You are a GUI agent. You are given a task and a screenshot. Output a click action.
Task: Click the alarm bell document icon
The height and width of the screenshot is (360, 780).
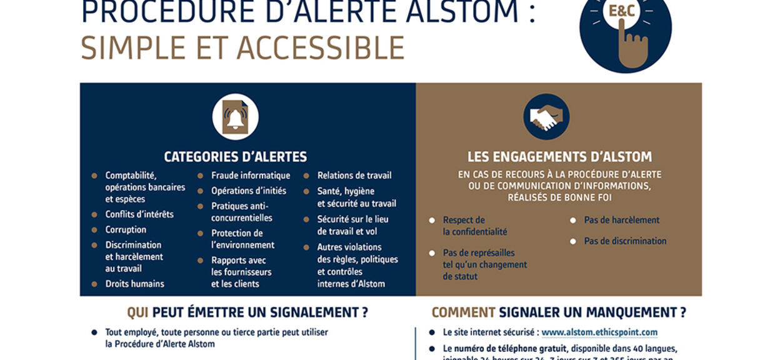235,116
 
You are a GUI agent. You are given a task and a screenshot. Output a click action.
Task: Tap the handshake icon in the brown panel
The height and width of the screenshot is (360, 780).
546,117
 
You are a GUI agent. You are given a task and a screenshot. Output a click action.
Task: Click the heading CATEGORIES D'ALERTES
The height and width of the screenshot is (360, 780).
235,157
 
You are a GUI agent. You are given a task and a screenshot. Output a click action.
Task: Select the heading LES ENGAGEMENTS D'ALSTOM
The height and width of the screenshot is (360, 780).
559,157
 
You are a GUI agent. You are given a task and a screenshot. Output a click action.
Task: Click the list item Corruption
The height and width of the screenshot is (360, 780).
126,230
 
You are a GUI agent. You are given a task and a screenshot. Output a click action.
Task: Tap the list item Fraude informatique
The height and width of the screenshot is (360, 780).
250,176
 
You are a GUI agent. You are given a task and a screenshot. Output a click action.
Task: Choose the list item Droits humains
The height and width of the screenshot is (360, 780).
134,284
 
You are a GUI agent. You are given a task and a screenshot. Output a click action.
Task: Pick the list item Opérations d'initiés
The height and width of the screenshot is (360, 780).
248,191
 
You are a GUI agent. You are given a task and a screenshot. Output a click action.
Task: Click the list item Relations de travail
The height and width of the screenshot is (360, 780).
354,176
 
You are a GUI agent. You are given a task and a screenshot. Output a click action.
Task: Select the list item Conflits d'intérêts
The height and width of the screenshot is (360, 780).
139,214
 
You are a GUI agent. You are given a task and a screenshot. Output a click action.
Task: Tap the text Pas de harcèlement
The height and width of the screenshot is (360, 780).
621,220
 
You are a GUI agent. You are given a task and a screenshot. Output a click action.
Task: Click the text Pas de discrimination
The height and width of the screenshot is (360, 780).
625,241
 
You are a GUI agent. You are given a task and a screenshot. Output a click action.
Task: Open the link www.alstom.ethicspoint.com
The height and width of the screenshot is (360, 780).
599,332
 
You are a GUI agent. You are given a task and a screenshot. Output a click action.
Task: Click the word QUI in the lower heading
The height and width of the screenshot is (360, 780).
137,312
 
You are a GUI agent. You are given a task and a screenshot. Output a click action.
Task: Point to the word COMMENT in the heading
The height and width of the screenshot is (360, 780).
463,312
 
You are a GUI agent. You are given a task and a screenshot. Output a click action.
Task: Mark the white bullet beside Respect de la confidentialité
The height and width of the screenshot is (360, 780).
432,221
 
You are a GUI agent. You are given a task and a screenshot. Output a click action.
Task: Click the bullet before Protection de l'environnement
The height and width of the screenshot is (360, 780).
200,233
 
